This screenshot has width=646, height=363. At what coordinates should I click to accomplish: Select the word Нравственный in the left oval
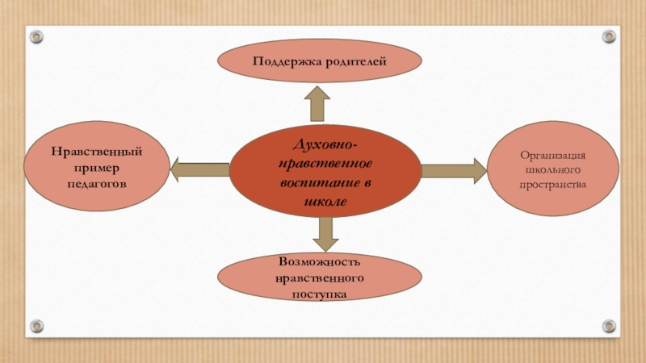[x=98, y=152]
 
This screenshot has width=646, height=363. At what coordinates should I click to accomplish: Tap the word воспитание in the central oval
[x=318, y=182]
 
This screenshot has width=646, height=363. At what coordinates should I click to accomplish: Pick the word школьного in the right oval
[x=552, y=170]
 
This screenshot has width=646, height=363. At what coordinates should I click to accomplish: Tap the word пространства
[x=552, y=186]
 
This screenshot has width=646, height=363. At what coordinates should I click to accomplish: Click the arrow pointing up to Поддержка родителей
[x=317, y=102]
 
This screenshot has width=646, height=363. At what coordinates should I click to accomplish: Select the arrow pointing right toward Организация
[x=453, y=169]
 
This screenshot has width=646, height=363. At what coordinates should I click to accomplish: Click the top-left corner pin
[x=36, y=36]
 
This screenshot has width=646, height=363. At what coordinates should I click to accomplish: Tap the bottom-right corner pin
[x=609, y=326]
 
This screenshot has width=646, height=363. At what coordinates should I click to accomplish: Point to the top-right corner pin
[x=609, y=36]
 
